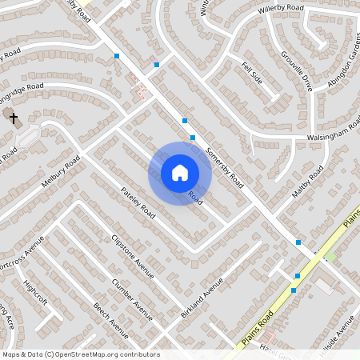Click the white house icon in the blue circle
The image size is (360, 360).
tap(179, 173)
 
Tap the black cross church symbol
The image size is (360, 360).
tap(13, 118)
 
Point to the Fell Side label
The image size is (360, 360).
tap(252, 72)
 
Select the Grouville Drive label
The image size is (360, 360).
tap(296, 70)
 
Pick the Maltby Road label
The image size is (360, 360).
tap(307, 183)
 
